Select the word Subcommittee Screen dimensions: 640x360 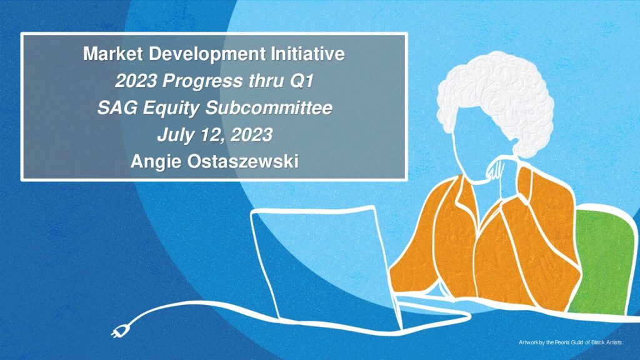[269, 107]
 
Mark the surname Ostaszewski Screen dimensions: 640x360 [243, 162]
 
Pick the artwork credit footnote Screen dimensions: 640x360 [571, 342]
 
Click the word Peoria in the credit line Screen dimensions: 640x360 [562, 342]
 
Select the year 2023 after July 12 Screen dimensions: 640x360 [251, 135]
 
